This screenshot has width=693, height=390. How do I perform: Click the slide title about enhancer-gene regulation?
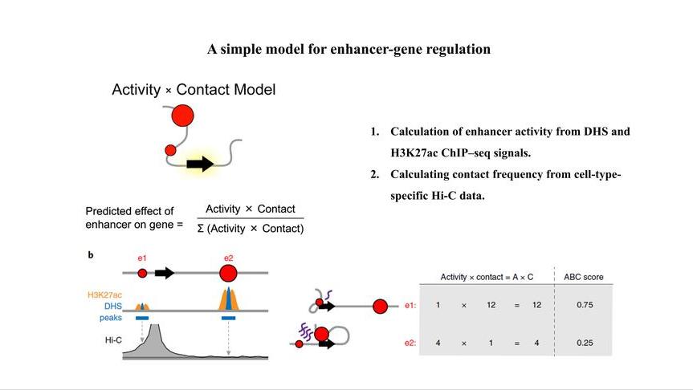349,49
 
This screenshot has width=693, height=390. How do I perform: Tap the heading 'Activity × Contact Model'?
194,90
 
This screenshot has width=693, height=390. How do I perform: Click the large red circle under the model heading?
183,116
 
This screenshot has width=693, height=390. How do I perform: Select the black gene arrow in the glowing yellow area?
200,165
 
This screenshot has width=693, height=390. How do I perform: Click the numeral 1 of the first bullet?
374,132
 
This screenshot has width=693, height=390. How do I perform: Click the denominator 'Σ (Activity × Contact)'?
251,230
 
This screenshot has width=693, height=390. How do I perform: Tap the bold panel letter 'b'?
91,255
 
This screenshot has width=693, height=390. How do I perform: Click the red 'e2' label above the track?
228,258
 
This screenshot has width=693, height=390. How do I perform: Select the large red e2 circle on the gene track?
228,274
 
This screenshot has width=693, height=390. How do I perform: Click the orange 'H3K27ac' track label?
105,295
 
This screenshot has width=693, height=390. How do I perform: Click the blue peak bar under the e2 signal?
228,319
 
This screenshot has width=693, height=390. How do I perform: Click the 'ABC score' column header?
584,277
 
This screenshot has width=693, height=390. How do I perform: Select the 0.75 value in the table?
584,305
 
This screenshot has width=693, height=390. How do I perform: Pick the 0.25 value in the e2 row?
584,343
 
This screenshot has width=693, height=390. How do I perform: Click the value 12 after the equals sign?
537,305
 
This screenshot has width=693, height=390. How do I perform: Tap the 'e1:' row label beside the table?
410,305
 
